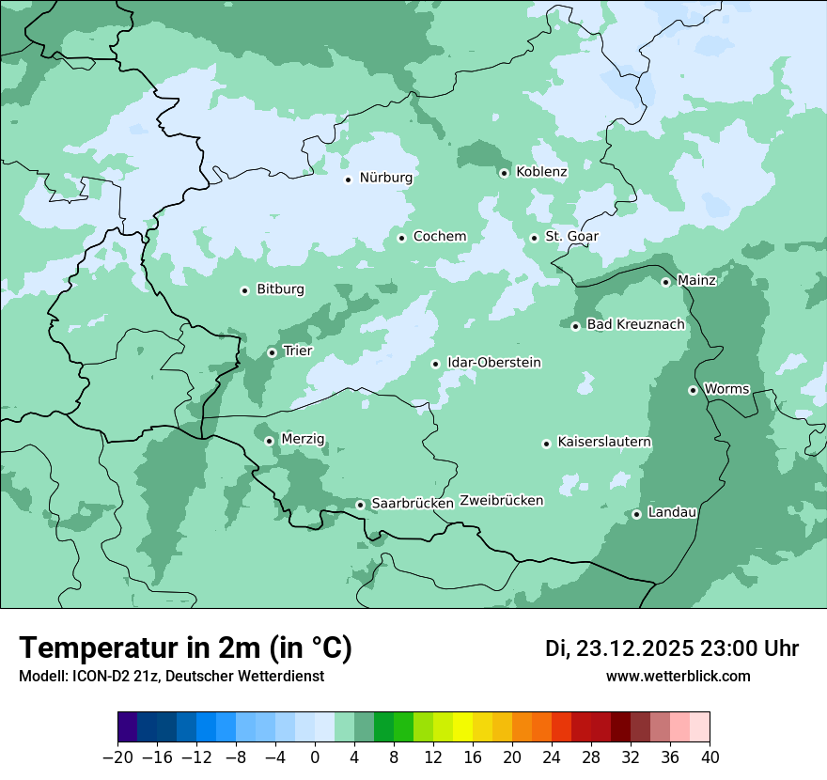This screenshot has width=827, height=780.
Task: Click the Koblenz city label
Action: (x=541, y=172)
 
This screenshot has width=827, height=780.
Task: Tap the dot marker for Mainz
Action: (x=665, y=282)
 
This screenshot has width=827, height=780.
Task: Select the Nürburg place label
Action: (x=385, y=178)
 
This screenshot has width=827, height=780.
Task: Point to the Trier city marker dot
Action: (x=272, y=352)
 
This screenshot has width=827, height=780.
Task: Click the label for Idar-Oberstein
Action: (x=493, y=363)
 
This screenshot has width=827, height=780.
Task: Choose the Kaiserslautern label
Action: (x=603, y=442)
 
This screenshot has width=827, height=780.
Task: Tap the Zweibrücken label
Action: (x=501, y=501)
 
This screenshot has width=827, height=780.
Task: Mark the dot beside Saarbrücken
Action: (x=360, y=505)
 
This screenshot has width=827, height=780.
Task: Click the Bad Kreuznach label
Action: (x=635, y=325)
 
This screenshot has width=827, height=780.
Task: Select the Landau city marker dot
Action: (x=636, y=514)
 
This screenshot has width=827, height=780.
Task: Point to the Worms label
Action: (x=726, y=389)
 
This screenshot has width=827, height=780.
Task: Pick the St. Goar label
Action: (x=571, y=237)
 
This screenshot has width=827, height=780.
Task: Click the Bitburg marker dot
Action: (x=244, y=290)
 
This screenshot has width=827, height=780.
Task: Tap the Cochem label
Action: (x=439, y=237)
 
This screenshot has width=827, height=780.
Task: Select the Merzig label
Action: (x=303, y=439)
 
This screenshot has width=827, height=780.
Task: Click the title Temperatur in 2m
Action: (x=185, y=648)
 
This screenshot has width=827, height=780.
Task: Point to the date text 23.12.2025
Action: (x=634, y=648)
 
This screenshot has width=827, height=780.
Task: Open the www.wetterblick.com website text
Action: (x=678, y=677)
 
